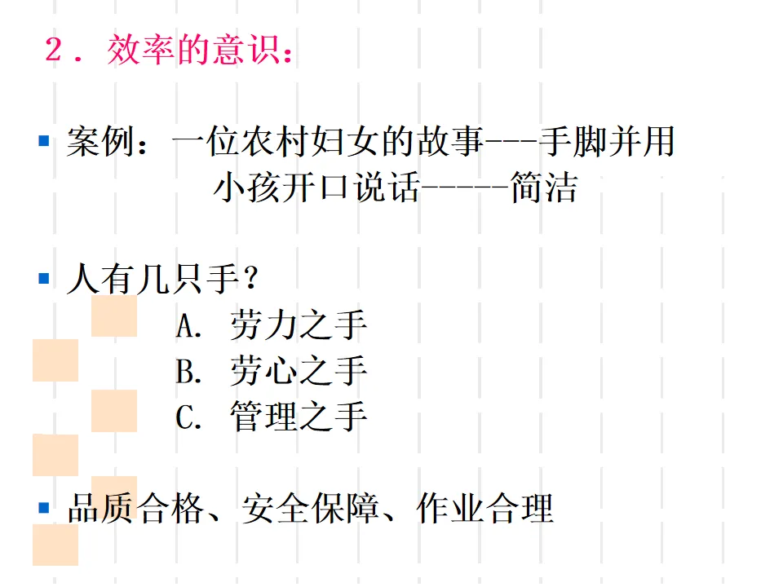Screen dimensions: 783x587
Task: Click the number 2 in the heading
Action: coord(55,51)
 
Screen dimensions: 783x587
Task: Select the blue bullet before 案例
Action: coord(44,142)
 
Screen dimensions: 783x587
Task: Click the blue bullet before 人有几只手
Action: coord(44,279)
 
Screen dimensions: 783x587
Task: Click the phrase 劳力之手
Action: coord(298,325)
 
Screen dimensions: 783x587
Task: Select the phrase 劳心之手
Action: coord(298,371)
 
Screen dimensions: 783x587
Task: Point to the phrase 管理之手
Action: coord(298,417)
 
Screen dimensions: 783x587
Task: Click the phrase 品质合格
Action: coord(135,509)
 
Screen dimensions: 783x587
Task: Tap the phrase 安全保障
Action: coord(310,509)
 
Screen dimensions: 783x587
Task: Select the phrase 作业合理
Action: coord(484,509)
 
